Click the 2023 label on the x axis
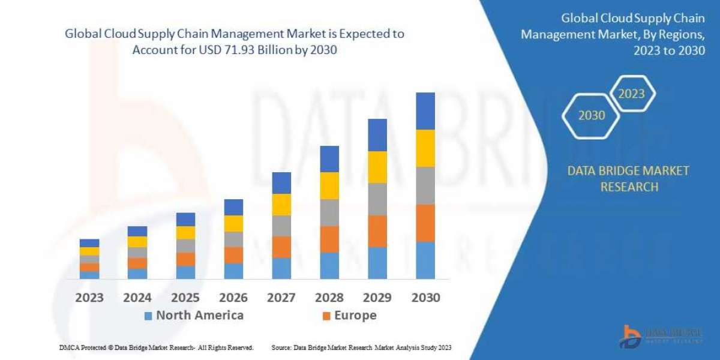(x=89, y=298)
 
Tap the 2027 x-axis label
(x=281, y=298)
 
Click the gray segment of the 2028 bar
(x=329, y=212)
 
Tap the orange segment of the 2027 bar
(x=281, y=247)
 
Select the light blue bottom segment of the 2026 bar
(x=233, y=271)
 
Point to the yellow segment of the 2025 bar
(x=185, y=233)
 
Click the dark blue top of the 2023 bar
(x=89, y=243)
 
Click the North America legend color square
(x=148, y=316)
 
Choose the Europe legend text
(x=356, y=316)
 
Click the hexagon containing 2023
(x=631, y=94)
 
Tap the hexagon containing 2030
(x=592, y=115)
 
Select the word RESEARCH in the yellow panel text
(x=628, y=187)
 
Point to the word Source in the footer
(x=282, y=347)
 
